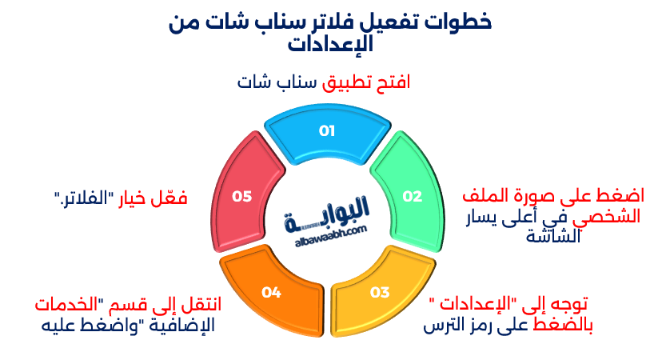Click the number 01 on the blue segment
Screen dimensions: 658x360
(326, 130)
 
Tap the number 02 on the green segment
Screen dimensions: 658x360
(412, 196)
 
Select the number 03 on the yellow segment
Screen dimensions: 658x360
(380, 292)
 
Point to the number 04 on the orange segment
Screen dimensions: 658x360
(271, 292)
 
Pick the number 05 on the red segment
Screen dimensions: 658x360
(241, 196)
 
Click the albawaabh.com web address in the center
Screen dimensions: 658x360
(331, 236)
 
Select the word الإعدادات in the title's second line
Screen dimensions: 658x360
(330, 43)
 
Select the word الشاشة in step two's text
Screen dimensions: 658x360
(553, 237)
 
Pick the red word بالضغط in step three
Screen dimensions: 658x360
(563, 325)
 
